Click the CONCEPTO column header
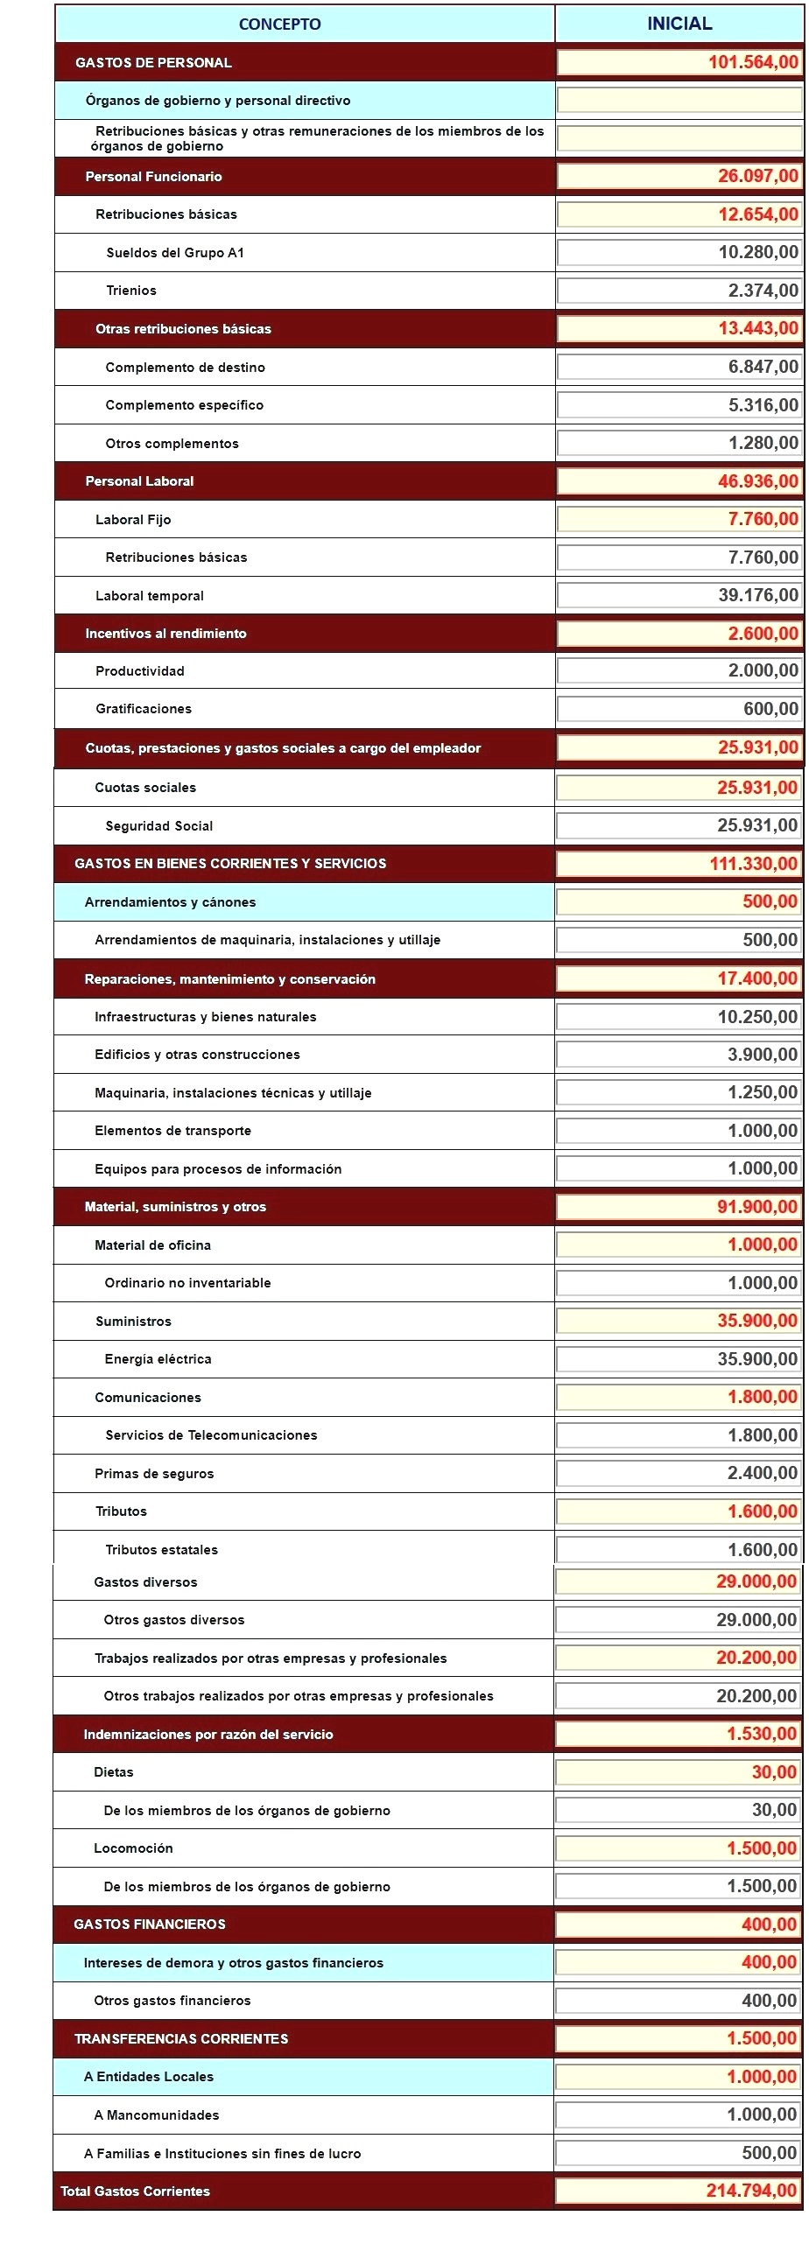279,25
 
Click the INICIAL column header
679,24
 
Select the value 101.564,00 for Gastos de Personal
753,62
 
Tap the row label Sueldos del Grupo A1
175,253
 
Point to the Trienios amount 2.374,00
763,291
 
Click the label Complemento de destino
185,368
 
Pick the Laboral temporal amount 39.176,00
758,595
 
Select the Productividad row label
140,671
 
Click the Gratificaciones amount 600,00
770,709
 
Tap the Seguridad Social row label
159,826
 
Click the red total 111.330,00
753,864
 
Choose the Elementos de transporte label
172,1131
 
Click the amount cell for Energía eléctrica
757,1359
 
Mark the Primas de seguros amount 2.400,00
762,1473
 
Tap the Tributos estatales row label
162,1550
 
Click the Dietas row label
114,1772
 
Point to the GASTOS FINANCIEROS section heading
150,1925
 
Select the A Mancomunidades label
157,2115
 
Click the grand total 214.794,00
751,2191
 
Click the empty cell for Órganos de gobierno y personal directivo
679,101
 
